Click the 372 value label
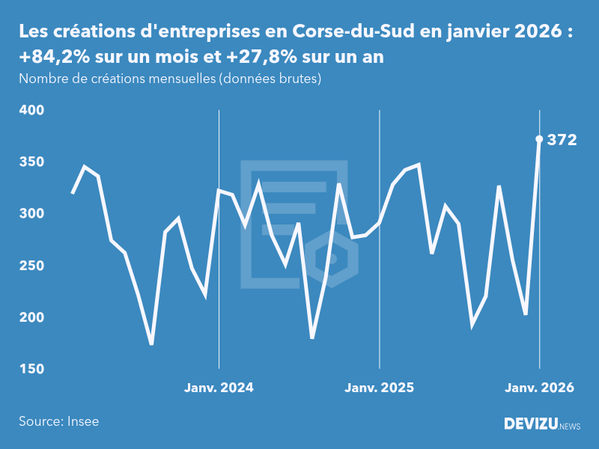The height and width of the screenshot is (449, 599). point(562,139)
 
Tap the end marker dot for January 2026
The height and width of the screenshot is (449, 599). point(539,138)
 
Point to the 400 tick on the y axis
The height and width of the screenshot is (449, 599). point(31,110)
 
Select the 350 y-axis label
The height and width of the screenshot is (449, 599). point(31,162)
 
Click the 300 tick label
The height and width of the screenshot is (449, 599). point(31,214)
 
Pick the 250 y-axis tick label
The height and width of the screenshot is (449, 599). point(31,266)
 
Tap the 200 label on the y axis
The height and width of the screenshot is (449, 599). point(31,318)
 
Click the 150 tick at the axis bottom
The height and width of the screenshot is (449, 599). point(31,370)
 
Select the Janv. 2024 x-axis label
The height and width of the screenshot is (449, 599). point(219,388)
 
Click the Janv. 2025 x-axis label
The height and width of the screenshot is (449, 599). point(379,388)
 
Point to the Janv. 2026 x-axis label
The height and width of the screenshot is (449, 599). point(539,388)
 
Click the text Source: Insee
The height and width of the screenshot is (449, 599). point(58,421)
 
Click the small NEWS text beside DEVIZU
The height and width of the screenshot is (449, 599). point(569,426)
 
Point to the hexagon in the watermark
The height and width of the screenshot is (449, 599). point(336,257)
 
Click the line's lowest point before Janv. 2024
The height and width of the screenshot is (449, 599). point(151,343)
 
